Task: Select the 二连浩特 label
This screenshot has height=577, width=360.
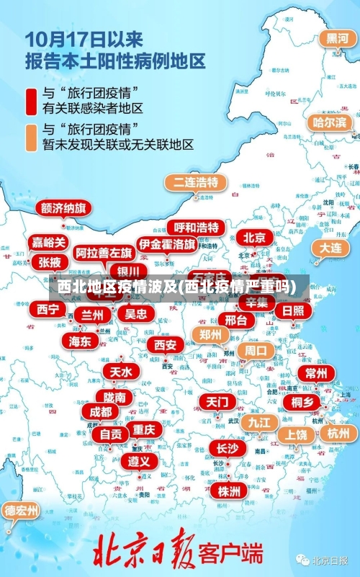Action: [x=192, y=182]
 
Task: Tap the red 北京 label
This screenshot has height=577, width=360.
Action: [x=253, y=237]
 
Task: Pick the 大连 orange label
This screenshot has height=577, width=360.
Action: [x=330, y=247]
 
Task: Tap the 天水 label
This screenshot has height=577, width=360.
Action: [x=121, y=372]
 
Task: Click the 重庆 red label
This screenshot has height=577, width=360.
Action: [x=144, y=429]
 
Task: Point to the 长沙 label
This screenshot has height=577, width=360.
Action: [x=227, y=448]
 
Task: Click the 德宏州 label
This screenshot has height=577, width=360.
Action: [x=22, y=510]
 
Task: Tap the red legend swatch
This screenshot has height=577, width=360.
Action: [x=32, y=102]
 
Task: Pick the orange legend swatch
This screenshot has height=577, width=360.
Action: [x=32, y=137]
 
